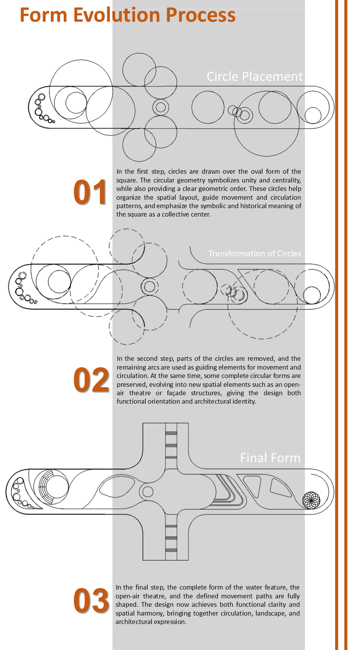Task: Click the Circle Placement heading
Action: tap(254, 77)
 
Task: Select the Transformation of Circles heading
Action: tap(255, 254)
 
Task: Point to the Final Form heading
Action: tap(270, 458)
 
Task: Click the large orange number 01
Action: tap(90, 192)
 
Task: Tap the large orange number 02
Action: tap(91, 380)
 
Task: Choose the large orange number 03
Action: tap(91, 601)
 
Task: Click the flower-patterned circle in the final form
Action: tap(311, 500)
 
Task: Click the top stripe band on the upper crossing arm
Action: tap(171, 433)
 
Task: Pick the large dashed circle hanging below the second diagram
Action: tap(262, 339)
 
